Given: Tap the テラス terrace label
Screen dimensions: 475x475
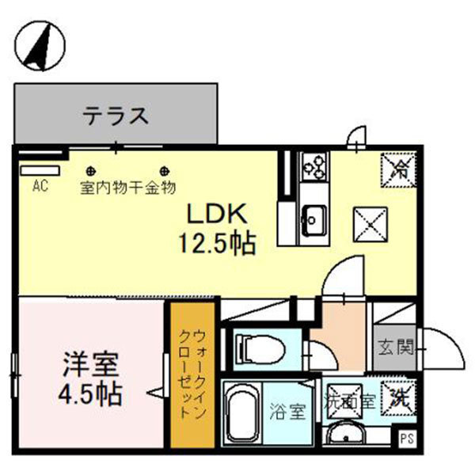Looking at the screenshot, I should (116, 116).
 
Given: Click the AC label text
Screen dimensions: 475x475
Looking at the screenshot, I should (40, 187).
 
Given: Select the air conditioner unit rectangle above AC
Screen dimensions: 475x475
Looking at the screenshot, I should (40, 170).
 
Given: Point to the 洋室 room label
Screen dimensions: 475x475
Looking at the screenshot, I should (91, 366).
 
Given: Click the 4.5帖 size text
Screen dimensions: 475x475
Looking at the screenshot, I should (91, 393).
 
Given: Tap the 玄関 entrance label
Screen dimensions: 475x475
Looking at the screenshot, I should (393, 347).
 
